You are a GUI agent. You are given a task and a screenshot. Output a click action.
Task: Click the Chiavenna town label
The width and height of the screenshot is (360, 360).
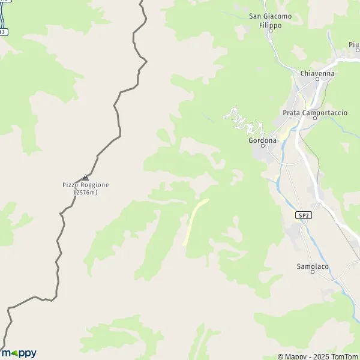coord(317,73)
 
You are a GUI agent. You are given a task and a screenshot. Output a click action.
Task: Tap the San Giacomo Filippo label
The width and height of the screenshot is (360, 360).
coord(270,20)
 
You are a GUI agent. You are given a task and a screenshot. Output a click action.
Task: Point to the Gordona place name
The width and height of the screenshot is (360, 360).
coord(262,140)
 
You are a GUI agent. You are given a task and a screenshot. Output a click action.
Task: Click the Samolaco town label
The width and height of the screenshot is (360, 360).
coord(313,266)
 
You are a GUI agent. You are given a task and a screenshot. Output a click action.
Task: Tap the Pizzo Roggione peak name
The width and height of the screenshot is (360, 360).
coord(86,185)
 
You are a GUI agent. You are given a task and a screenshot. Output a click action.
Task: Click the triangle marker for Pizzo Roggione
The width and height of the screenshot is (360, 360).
coord(85,177)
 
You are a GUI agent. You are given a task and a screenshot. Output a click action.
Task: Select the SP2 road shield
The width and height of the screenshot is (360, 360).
coord(304,215)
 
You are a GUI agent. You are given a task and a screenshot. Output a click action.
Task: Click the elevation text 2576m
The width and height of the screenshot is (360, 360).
coord(85,193)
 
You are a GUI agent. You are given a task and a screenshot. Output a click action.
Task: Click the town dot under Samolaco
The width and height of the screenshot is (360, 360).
coord(313,272)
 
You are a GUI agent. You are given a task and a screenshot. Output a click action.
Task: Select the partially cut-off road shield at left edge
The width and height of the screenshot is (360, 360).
coord(3,32)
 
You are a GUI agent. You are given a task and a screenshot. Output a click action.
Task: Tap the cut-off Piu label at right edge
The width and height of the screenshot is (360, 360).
coord(353,44)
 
